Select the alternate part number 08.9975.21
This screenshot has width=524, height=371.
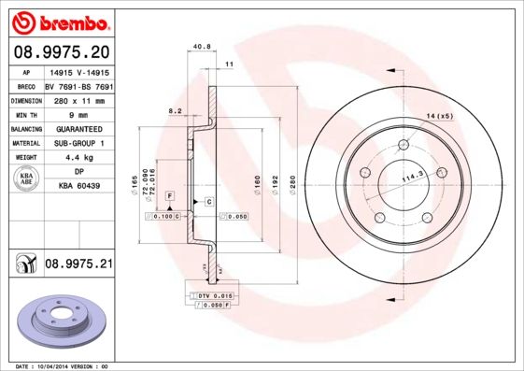point(78,265)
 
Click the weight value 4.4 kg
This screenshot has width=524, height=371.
point(78,157)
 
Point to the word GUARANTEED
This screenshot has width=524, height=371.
point(78,127)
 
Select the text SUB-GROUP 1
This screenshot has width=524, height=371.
point(78,143)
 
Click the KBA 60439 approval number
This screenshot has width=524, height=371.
point(78,187)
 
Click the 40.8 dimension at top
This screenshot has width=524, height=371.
point(199,46)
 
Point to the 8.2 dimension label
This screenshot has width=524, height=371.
point(174,111)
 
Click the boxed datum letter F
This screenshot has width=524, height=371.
point(170,194)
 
